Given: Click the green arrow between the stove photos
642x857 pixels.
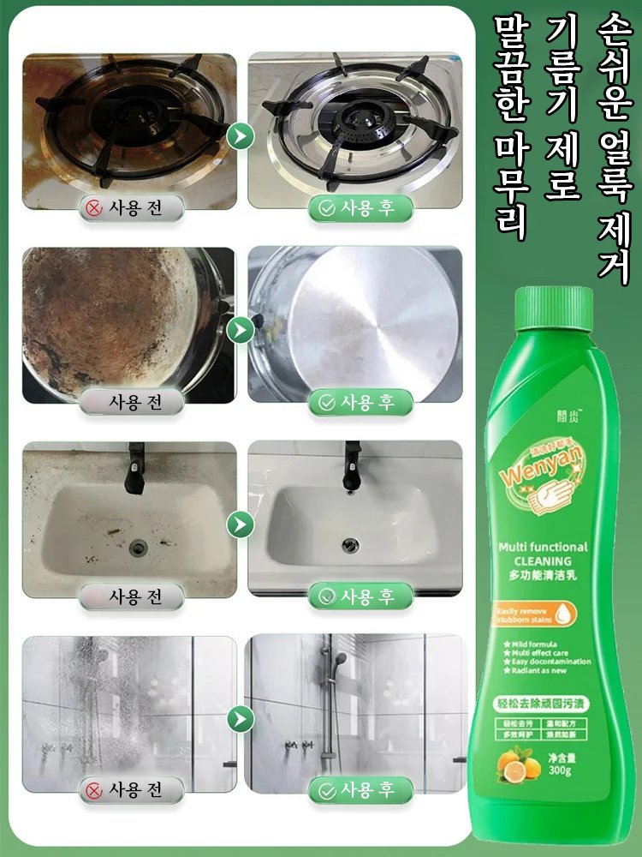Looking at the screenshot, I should (242, 135).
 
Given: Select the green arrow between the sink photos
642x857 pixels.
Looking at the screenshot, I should (242, 521).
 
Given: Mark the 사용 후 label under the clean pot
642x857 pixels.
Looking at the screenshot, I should (360, 402).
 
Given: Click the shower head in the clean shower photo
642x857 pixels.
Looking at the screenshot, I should (330, 660).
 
